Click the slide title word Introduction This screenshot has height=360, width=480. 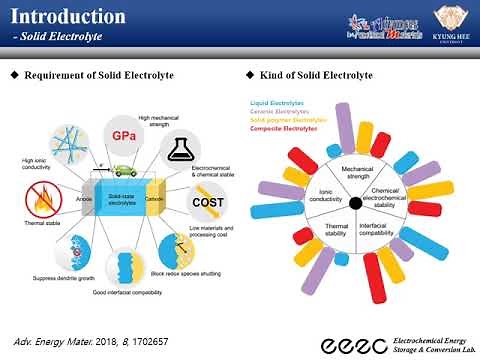pos(68,17)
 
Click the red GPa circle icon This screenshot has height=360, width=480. pos(123,134)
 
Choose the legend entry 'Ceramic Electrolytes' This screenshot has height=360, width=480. pos(281,110)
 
